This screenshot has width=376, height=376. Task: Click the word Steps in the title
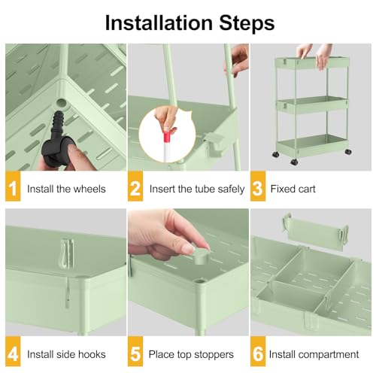click(x=241, y=22)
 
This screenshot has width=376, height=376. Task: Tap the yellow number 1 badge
click(x=12, y=189)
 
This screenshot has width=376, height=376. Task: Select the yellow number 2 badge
click(x=135, y=189)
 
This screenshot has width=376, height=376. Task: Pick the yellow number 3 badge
click(x=258, y=189)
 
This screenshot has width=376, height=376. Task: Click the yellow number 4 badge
click(x=12, y=353)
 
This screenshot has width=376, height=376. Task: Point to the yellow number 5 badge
click(x=135, y=353)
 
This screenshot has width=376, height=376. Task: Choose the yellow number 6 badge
click(x=258, y=353)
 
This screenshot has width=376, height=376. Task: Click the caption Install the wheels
click(x=66, y=189)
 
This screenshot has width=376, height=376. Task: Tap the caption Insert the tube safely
click(x=197, y=189)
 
